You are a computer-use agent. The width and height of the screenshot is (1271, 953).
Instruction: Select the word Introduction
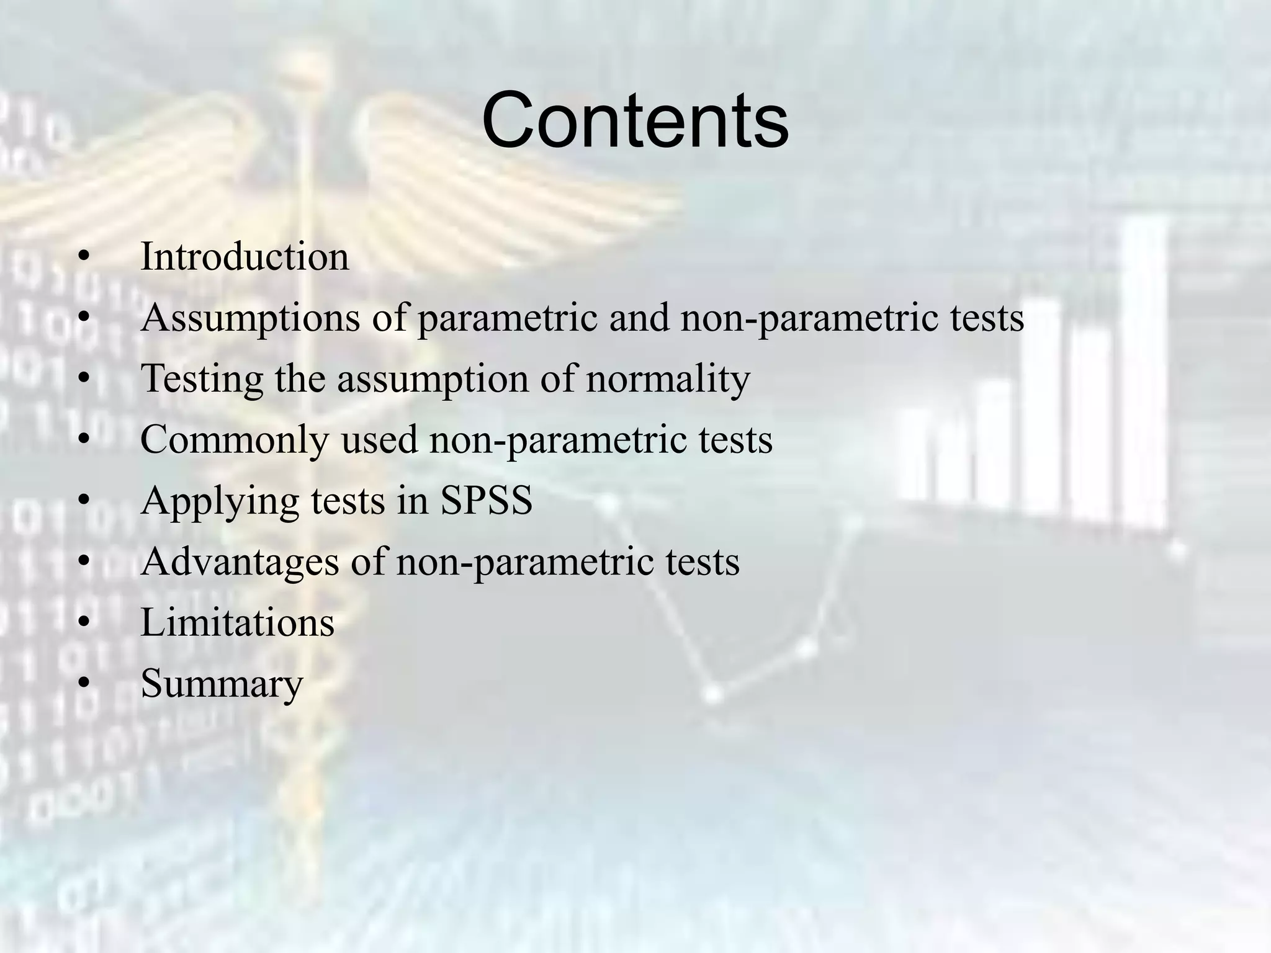coord(245,256)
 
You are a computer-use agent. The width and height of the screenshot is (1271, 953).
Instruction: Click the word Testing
coord(202,378)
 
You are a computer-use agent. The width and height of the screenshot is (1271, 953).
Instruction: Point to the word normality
coord(668,378)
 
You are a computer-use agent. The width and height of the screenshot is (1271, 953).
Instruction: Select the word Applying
coord(220,501)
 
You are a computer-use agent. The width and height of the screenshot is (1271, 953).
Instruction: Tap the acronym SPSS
coord(486,500)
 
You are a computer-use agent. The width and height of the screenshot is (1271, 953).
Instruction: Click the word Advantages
coord(240,562)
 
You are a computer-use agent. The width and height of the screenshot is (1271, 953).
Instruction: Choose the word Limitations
coord(238,622)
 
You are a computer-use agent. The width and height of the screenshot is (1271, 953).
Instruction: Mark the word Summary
coord(222,684)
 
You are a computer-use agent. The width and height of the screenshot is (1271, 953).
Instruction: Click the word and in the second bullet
coord(639,318)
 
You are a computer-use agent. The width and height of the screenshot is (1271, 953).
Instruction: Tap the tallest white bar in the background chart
coord(1144,372)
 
